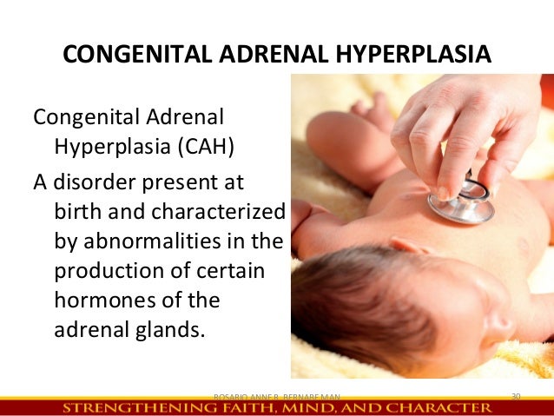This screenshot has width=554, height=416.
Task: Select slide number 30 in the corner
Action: pyautogui.click(x=515, y=396)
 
